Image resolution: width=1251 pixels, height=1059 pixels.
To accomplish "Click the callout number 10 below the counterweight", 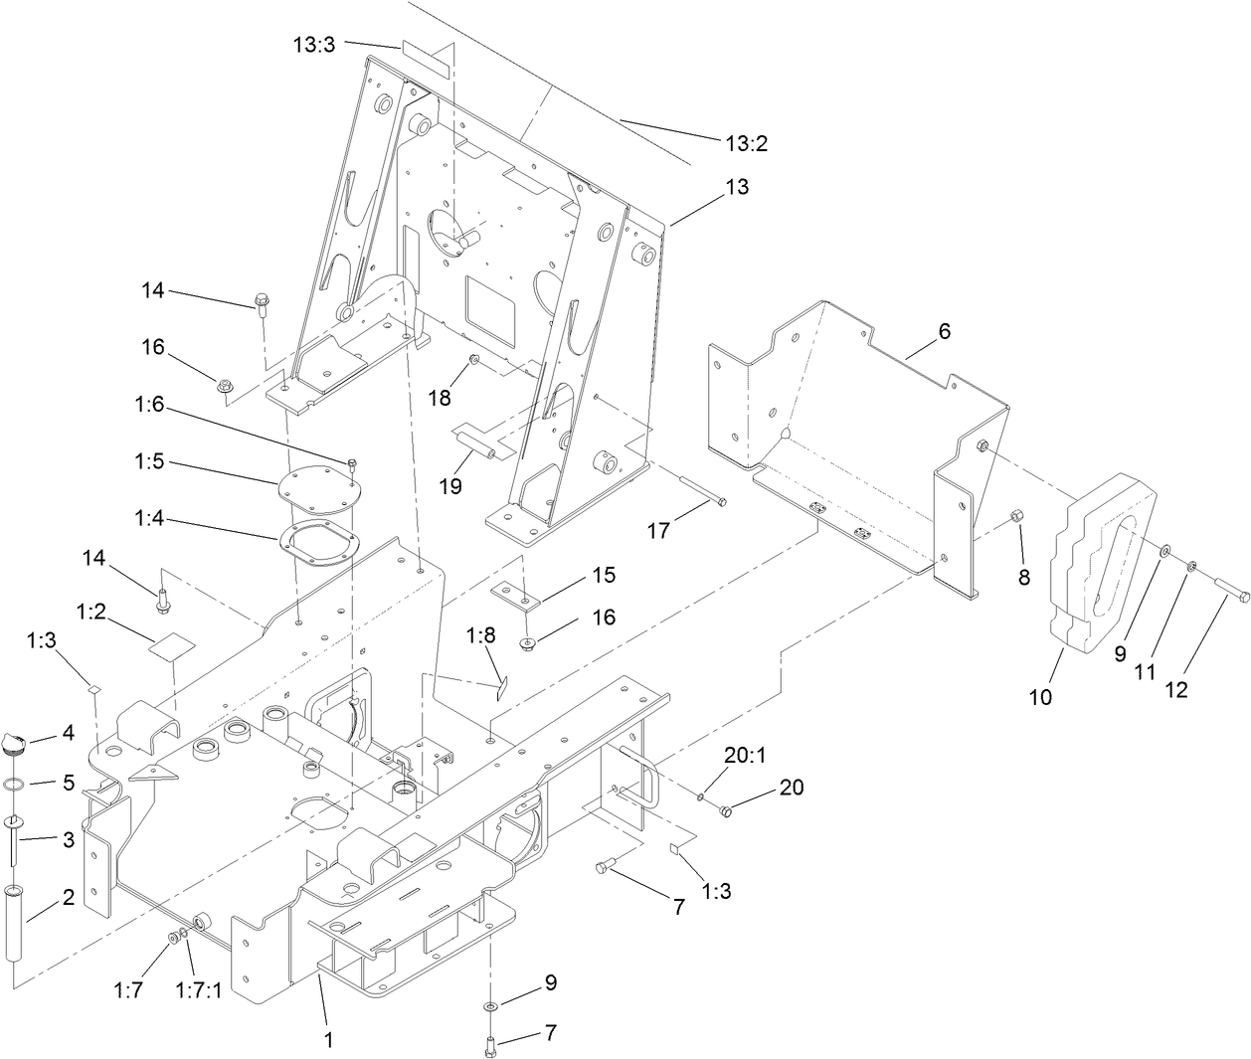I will (1040, 697).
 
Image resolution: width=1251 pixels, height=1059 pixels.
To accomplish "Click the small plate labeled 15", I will (517, 595).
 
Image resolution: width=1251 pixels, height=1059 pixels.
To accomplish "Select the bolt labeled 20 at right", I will (725, 811).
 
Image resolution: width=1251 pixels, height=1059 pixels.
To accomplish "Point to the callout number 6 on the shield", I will (944, 331).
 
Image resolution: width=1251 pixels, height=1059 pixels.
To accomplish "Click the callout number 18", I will (439, 398).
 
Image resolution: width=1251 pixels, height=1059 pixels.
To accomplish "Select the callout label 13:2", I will (746, 143).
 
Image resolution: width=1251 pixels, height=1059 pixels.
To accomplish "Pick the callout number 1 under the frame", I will (329, 1040).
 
